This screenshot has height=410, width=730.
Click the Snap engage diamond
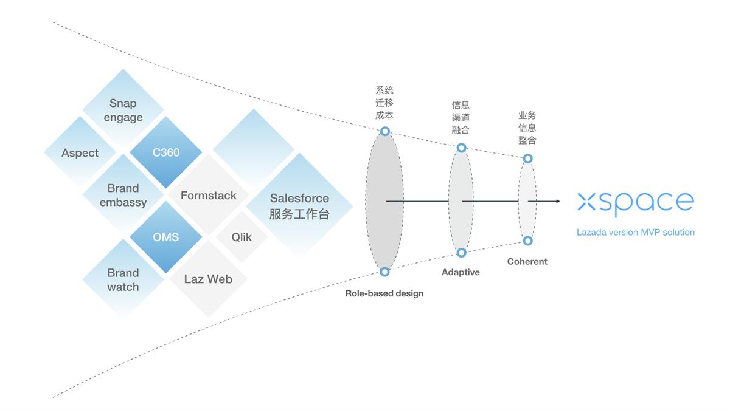[123, 111]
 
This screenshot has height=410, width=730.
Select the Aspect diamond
[80, 153]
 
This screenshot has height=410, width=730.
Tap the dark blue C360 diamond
[166, 152]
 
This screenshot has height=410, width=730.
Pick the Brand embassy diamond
[123, 195]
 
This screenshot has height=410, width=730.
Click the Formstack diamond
[209, 196]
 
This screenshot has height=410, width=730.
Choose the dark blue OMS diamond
[166, 237]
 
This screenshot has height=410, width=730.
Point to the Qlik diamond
[242, 237]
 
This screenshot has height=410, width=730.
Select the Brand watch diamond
[123, 279]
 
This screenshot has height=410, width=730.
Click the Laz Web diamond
[208, 279]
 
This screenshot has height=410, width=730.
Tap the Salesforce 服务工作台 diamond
[299, 206]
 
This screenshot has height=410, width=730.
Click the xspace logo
[635, 202]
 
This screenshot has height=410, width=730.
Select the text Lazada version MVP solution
[636, 232]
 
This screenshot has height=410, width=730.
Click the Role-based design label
[384, 293]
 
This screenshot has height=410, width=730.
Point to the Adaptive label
[461, 272]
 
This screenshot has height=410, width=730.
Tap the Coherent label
[527, 262]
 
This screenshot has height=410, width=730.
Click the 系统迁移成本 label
[384, 103]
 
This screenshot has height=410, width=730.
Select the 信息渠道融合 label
[461, 117]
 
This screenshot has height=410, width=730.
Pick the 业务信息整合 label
[527, 128]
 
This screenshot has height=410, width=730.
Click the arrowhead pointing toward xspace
[557, 201]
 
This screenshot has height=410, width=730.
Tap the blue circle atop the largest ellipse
[384, 131]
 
